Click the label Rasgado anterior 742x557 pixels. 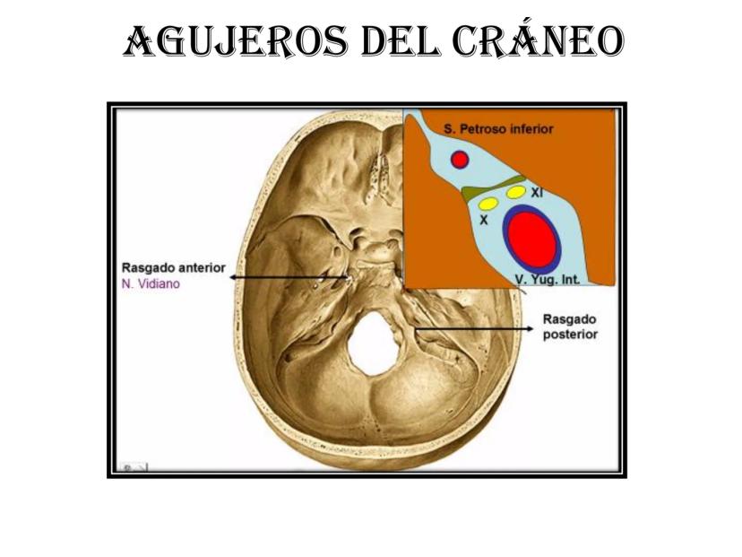click(173, 267)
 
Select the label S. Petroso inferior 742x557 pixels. click(498, 129)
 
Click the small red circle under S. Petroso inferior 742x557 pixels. click(460, 160)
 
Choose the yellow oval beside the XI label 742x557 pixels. click(515, 192)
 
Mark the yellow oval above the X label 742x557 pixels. click(488, 204)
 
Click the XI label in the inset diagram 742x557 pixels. click(536, 192)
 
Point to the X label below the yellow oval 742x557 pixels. click(485, 219)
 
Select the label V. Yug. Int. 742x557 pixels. click(548, 279)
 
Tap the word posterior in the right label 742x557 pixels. click(569, 335)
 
